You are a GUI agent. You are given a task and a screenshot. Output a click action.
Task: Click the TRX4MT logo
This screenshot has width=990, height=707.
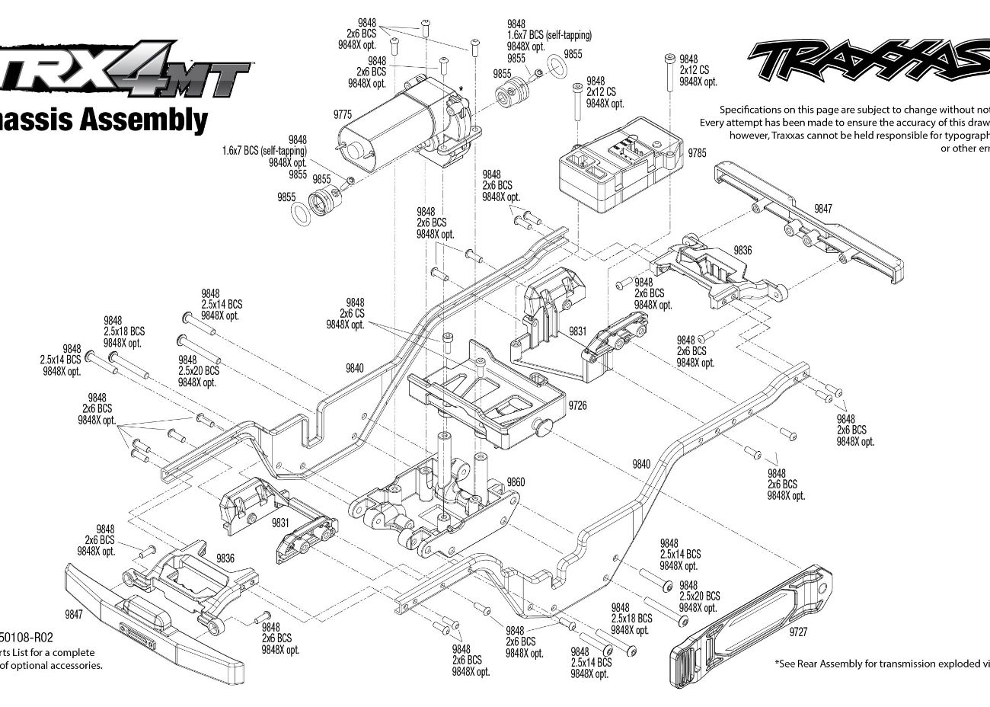(126, 72)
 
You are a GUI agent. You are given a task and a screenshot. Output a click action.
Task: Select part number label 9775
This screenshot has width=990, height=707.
(343, 114)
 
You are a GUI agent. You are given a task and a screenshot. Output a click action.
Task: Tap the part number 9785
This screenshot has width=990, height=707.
(697, 153)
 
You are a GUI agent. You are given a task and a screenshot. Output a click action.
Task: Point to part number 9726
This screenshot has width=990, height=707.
(578, 406)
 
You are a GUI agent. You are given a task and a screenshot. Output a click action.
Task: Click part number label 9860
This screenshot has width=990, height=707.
(516, 482)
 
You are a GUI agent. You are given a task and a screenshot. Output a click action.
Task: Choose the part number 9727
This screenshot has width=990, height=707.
(799, 632)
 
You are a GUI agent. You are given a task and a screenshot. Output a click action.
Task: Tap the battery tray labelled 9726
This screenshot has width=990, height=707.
(487, 400)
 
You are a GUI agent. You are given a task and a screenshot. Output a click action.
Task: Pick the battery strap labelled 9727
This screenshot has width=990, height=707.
(750, 629)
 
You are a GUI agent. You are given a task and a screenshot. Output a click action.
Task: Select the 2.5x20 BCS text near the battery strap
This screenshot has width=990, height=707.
(699, 597)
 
